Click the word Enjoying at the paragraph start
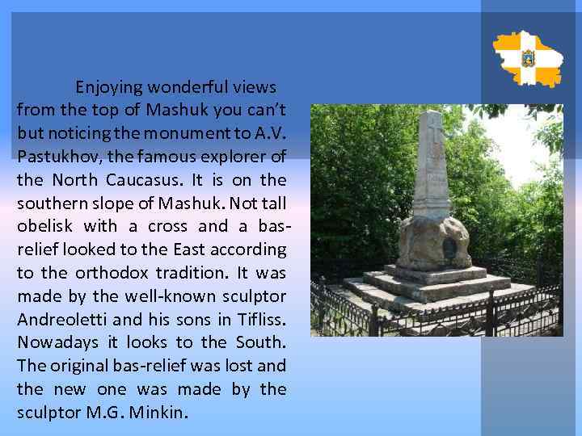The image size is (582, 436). pyautogui.click(x=109, y=87)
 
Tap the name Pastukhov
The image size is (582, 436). pyautogui.click(x=53, y=154)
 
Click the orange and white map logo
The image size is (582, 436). pyautogui.click(x=527, y=59)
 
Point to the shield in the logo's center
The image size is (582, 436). pyautogui.click(x=528, y=59)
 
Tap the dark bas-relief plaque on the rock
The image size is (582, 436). pyautogui.click(x=449, y=246)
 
